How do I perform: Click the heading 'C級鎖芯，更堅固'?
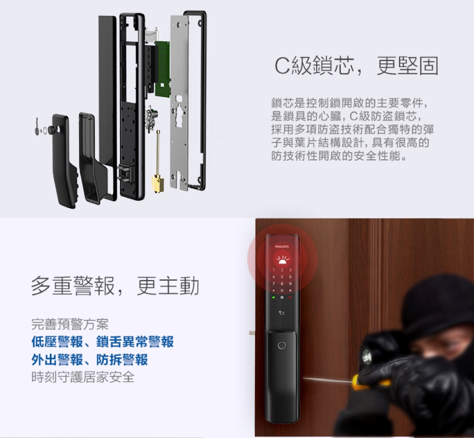pos(356,65)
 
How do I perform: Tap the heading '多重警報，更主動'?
pos(115,286)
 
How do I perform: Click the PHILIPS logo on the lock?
pos(282,246)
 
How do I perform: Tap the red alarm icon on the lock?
pos(282,259)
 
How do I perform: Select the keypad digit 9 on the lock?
pos(290,284)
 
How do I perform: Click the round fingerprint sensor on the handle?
pos(282,346)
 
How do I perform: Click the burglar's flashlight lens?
pos(367,356)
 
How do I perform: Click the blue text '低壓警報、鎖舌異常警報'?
pos(102,342)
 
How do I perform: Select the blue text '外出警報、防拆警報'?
pos(90,359)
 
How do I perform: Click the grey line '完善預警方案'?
pos(70,324)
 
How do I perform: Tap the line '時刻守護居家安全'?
pos(83,377)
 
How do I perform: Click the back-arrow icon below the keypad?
pos(282,312)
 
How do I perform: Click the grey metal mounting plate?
pos(180,103)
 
